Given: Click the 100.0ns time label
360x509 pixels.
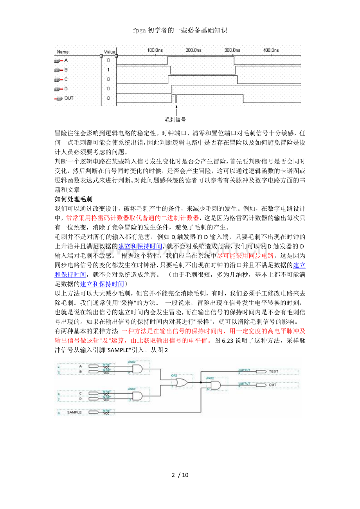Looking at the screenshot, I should (x=155, y=50).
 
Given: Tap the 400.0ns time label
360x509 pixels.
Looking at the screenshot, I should (x=271, y=50).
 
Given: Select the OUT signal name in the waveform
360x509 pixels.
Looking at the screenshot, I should (x=69, y=98).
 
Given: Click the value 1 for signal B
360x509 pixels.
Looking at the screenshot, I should (x=108, y=70).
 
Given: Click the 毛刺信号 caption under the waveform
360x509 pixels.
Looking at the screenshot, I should (x=175, y=120).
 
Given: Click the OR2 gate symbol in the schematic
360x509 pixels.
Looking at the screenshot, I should (x=182, y=383).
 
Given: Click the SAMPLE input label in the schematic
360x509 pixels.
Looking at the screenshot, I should (x=74, y=412).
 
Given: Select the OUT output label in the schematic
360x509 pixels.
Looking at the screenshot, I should (x=272, y=385).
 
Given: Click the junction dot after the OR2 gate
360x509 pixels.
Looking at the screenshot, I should (x=200, y=383).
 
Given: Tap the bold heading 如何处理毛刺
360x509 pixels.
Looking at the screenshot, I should (x=73, y=199).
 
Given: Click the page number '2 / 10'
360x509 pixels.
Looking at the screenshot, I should (x=180, y=475).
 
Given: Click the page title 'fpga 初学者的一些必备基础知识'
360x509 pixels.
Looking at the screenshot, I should (x=180, y=30).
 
